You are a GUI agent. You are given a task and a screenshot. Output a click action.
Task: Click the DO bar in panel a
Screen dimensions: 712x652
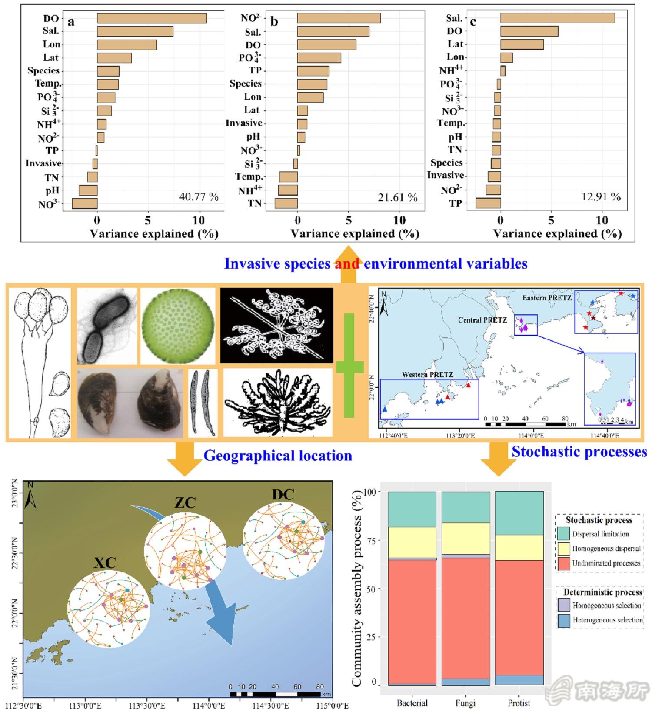[x=152, y=18]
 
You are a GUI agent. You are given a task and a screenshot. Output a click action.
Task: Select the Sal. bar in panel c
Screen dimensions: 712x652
[x=557, y=18]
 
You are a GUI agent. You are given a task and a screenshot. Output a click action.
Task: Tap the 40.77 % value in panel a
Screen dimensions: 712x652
[x=198, y=197]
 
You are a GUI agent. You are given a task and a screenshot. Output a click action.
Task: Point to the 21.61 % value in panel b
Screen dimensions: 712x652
[x=397, y=198]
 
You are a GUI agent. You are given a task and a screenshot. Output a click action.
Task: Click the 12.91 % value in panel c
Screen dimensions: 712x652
[x=601, y=197]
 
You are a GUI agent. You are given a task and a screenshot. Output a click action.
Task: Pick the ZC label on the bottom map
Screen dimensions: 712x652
[x=185, y=502]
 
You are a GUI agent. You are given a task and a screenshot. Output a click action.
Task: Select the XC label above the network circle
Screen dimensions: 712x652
[x=105, y=563]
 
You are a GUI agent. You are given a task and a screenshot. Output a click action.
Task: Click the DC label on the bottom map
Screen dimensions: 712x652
[x=283, y=495]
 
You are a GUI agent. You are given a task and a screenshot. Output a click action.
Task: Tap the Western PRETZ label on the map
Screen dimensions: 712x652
[x=427, y=375]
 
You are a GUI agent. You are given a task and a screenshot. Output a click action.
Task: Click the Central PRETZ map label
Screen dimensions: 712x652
[x=482, y=320]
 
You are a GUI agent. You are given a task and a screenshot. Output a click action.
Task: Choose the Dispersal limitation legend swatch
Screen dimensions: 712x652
[x=563, y=534]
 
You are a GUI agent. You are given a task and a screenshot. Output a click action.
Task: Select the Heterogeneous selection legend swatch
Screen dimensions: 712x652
[x=563, y=620]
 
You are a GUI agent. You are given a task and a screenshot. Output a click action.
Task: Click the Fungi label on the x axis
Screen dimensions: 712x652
[x=466, y=703]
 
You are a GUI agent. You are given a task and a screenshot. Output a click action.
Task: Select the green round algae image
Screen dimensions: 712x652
[x=178, y=326]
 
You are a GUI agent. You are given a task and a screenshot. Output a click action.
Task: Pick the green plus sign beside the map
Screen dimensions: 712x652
[x=349, y=366]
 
